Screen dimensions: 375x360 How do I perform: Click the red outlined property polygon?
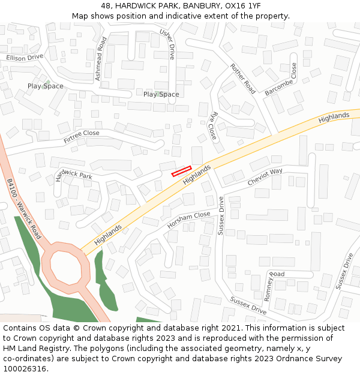click(x=181, y=171)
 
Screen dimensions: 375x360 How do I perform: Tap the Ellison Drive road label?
click(x=25, y=58)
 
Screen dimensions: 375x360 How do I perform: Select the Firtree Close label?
click(x=82, y=137)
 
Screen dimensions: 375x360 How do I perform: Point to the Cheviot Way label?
click(x=265, y=177)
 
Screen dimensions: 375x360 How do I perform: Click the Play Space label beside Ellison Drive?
click(x=45, y=86)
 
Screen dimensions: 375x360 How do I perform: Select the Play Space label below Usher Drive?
click(x=161, y=94)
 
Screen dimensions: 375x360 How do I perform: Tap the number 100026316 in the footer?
click(x=25, y=369)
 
